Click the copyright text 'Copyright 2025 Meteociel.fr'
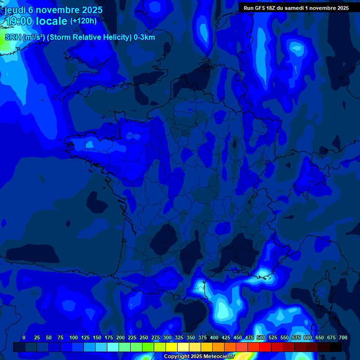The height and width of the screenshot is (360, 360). coord(199,356)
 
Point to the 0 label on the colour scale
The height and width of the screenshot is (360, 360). coord(24,337)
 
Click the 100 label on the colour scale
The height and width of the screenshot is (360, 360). coord(74,337)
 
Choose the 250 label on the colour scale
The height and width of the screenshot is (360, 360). coord(144,337)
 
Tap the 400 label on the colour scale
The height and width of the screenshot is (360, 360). coord(214,337)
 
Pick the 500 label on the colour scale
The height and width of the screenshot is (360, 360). coord(261,337)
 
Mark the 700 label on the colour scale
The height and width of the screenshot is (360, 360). coord(343,337)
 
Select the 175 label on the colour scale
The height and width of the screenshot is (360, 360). coord(109,337)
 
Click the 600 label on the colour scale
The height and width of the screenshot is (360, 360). coord(308,337)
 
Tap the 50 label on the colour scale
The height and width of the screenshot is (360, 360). coord(49,337)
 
